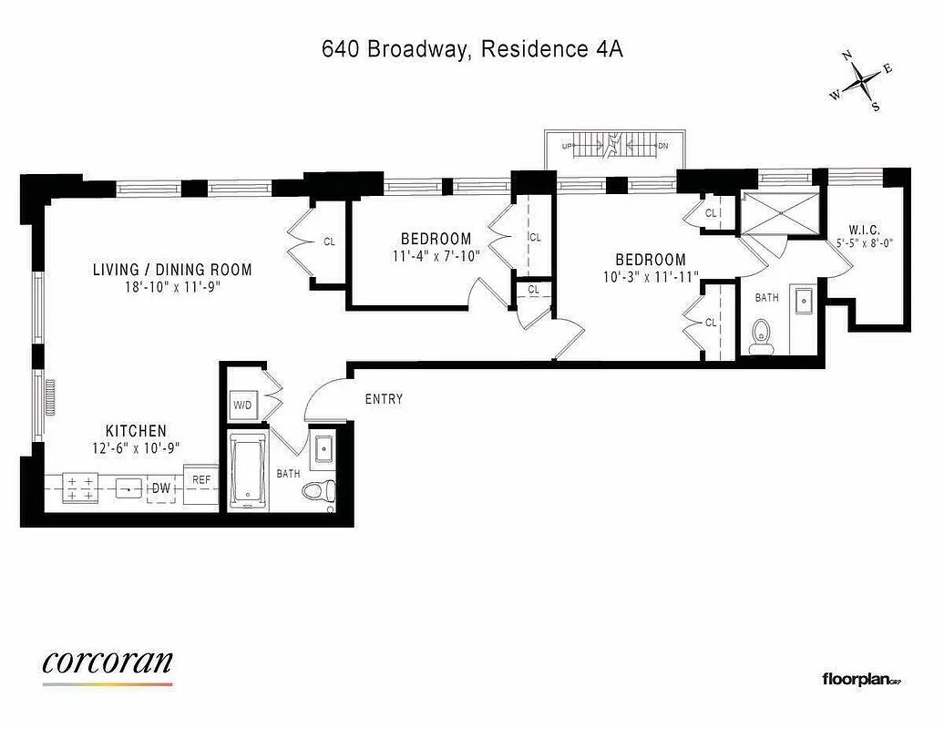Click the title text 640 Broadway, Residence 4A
(472, 49)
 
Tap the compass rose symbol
(861, 83)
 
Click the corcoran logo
(108, 663)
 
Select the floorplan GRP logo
(861, 679)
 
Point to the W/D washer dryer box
(242, 405)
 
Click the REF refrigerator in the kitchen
(201, 479)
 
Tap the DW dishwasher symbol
(162, 489)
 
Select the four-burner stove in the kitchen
(78, 488)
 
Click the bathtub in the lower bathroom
(248, 472)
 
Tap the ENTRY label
(384, 399)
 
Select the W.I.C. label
(863, 229)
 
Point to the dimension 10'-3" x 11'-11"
(650, 277)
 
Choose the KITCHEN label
(136, 431)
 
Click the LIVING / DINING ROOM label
(171, 270)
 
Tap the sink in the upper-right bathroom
(803, 301)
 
